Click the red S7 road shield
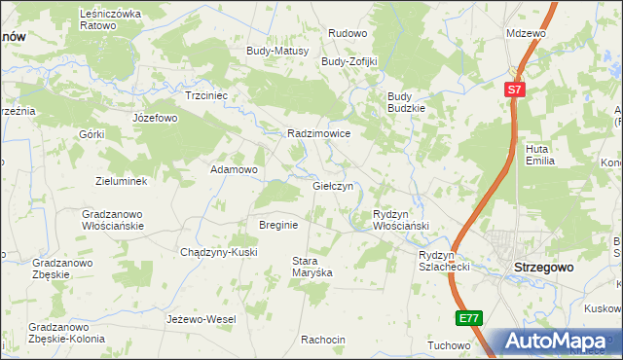(x=516, y=90)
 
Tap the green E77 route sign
(x=468, y=318)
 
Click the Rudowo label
(x=348, y=33)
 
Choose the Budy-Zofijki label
(x=349, y=61)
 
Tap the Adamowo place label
(x=235, y=169)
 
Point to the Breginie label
(x=277, y=225)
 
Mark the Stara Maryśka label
(x=312, y=267)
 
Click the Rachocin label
(x=323, y=340)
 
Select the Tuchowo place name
(x=449, y=345)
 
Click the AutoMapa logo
(x=554, y=341)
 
